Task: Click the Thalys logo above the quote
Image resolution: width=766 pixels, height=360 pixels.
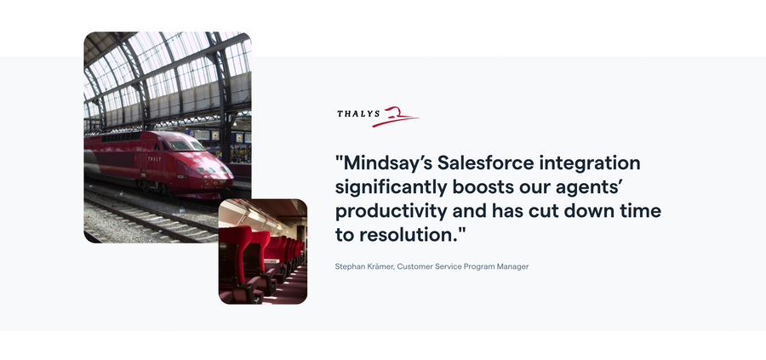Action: point(377,116)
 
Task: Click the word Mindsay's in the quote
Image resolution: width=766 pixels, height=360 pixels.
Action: point(382,163)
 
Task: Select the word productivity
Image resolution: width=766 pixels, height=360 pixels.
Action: point(384,209)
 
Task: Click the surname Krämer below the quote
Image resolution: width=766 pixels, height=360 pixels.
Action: point(380,267)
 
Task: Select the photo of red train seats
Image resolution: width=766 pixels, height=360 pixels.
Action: point(263,252)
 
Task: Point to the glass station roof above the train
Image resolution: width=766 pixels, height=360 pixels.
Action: point(162,68)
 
